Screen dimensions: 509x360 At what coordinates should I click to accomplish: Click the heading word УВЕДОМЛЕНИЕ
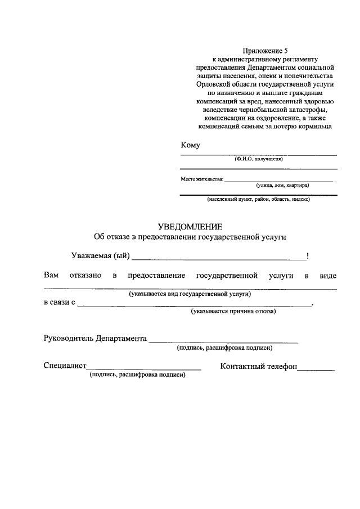(x=190, y=227)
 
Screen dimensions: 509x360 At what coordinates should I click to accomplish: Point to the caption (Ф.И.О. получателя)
(x=259, y=159)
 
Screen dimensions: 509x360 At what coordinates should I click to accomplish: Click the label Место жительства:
(x=202, y=180)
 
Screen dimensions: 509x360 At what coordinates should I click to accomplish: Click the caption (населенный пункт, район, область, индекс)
(x=258, y=199)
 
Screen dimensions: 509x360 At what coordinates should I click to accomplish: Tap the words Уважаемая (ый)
(x=101, y=256)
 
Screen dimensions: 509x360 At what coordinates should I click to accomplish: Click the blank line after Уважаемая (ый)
(x=219, y=259)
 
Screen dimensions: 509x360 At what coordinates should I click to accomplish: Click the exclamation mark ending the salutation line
(x=308, y=256)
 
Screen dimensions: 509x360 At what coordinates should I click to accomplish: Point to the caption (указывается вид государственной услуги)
(x=190, y=294)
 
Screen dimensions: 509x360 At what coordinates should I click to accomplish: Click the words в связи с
(x=60, y=303)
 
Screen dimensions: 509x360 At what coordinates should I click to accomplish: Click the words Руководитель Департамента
(x=95, y=339)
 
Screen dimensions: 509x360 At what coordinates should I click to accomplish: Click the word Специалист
(x=65, y=366)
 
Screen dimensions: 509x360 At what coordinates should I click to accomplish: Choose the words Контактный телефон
(x=259, y=366)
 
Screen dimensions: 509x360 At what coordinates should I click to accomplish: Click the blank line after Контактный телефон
(x=316, y=370)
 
